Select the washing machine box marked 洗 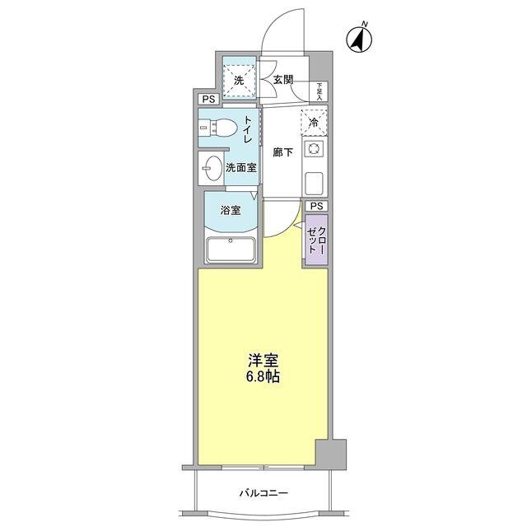pos(239,81)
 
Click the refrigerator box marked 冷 pos(314,122)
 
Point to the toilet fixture pos(216,129)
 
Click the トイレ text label pos(247,131)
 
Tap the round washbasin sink pos(212,167)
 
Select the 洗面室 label pos(241,167)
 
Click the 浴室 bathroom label pos(231,209)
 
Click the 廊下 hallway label pos(282,153)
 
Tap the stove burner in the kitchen pos(314,150)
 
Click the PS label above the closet pos(315,206)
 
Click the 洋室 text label pos(263,361)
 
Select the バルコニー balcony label pos(263,492)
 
